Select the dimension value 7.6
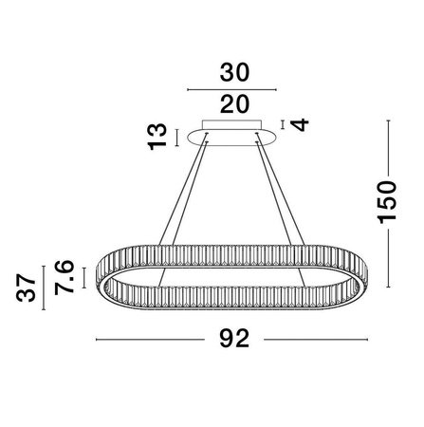click(64, 280)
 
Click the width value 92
click(233, 338)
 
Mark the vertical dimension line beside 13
click(178, 136)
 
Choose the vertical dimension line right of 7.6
click(85, 278)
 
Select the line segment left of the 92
click(152, 339)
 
